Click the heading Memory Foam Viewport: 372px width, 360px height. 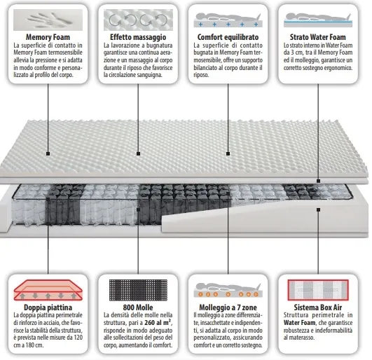pos(48,37)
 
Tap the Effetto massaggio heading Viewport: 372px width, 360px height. pos(138,37)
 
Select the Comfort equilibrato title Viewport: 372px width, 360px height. pos(228,37)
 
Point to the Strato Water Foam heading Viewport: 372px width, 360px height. pos(317,37)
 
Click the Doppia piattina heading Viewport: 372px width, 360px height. pos(48,307)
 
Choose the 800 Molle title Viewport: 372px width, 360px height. pos(138,307)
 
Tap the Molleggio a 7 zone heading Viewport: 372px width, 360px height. pos(228,307)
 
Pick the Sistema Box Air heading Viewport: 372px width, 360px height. pos(317,307)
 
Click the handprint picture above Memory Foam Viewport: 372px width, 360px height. pos(48,20)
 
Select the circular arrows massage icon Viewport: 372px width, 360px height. pos(138,20)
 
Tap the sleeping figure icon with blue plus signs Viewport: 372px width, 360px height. pos(228,20)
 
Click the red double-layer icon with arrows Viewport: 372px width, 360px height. pos(48,290)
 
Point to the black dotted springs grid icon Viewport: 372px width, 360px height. pos(138,290)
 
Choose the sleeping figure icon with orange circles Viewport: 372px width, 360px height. pos(228,290)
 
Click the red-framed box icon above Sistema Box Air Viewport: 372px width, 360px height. pos(318,290)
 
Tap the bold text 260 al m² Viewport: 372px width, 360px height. pos(158,323)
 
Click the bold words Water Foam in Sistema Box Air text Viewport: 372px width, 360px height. pos(299,323)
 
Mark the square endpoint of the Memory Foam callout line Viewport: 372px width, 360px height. pos(48,153)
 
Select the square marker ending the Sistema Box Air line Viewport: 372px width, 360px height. pos(318,209)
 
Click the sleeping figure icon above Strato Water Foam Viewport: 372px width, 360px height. pos(318,20)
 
